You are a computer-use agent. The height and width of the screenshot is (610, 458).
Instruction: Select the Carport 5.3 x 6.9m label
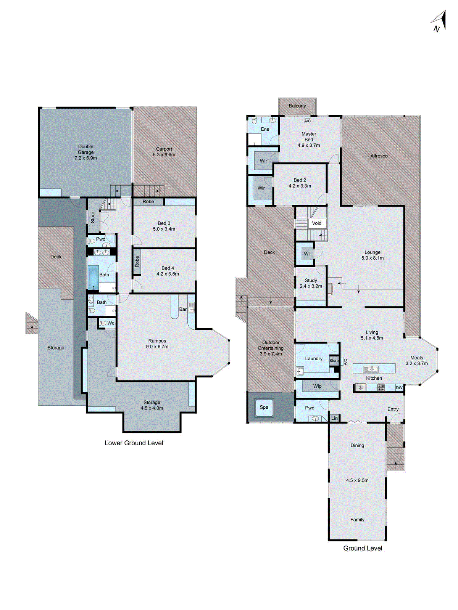pos(164,152)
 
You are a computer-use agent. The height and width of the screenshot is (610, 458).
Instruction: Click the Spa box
pos(264,407)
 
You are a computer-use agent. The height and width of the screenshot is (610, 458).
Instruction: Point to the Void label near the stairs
pos(317,223)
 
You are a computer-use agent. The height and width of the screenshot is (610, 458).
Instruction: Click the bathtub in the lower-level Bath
pos(93,278)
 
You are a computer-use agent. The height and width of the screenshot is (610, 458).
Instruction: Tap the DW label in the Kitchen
pos(399,388)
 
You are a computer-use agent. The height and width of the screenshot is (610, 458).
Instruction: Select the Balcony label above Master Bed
pos(297,106)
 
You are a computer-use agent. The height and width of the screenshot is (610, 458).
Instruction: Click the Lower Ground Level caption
pos(134,443)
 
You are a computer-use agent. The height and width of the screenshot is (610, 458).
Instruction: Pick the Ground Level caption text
pos(363,548)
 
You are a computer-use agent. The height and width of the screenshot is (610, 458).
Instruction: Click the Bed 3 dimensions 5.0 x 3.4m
pos(164,229)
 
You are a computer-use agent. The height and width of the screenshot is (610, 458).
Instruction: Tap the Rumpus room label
pos(157,341)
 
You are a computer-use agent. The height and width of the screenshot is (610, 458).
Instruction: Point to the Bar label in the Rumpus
pos(183,309)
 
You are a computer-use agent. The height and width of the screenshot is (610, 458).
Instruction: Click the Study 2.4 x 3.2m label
pos(311,283)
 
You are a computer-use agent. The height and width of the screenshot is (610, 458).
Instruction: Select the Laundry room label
pos(314,359)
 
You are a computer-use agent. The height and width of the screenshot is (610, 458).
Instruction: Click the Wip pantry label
pos(317,386)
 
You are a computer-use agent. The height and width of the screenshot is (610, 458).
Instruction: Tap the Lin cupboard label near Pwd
pos(334,418)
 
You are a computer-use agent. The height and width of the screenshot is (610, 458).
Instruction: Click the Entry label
pos(393,409)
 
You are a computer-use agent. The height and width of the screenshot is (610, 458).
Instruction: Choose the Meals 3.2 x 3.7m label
pos(416,361)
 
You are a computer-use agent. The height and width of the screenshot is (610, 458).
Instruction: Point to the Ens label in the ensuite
pos(265,129)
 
